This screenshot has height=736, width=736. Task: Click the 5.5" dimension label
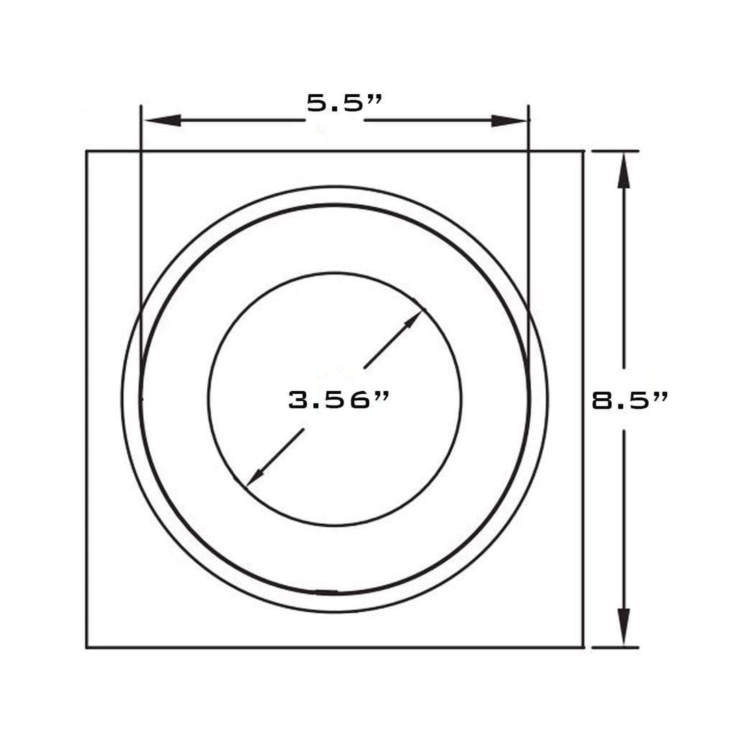344,103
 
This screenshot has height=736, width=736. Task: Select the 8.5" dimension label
629,400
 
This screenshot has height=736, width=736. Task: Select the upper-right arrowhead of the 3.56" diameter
412,320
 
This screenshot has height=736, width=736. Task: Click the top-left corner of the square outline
87,151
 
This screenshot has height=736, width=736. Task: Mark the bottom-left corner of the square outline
87,647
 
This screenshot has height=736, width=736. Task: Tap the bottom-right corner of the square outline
583,647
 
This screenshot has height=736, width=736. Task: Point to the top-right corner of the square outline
583,151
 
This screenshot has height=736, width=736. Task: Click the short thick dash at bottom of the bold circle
326,592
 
